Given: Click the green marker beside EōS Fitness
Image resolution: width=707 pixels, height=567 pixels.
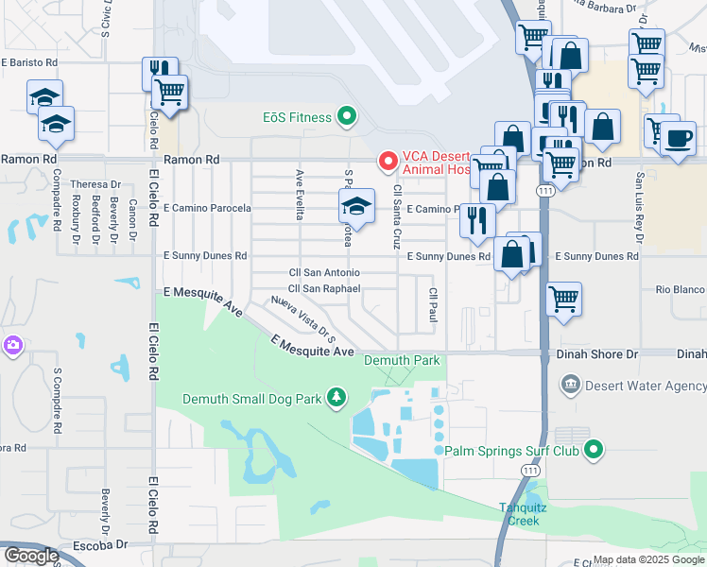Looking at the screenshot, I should pos(347,117).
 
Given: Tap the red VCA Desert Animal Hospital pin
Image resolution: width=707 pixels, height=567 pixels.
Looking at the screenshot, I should pos(387,162).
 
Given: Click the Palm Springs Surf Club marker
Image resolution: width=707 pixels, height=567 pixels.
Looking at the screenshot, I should pos(593,451).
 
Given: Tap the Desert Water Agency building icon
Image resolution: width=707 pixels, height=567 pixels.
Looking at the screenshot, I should pos(570,385).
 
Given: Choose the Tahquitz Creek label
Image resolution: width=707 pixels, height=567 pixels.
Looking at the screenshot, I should pos(519,514).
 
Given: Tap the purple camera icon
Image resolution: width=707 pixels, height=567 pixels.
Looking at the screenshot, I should pos(13,346).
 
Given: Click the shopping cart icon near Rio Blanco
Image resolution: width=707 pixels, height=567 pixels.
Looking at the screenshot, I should pos(563,299).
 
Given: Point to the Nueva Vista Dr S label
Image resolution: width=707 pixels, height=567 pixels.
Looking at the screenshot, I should pos(302,319).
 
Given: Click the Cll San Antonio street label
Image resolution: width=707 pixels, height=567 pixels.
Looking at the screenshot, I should pos(324,272).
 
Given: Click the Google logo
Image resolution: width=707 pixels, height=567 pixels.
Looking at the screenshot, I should pos(31,556).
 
